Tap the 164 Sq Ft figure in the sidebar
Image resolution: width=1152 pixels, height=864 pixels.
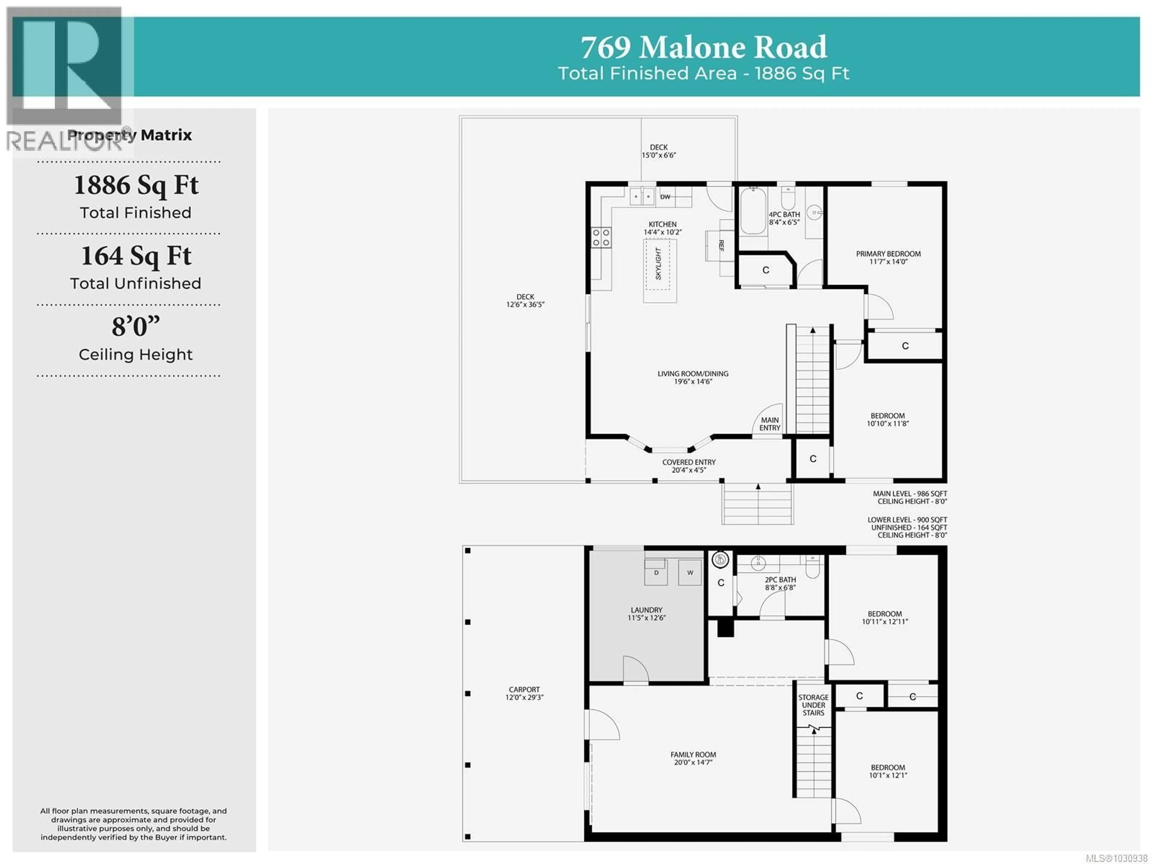(136, 256)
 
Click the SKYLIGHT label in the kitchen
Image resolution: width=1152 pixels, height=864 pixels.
(658, 263)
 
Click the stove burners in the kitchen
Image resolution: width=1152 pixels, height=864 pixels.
(601, 238)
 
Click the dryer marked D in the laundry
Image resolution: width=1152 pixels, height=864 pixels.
(656, 573)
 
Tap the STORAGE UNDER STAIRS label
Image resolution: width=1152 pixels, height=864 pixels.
(813, 705)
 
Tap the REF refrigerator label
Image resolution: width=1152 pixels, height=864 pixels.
(721, 246)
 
